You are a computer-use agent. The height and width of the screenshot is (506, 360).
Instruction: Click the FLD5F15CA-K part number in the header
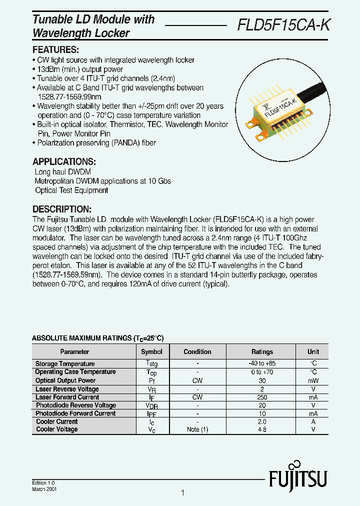(283, 25)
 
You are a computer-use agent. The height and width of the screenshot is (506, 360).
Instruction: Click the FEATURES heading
(55, 50)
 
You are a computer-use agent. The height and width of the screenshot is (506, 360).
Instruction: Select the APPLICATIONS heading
(64, 162)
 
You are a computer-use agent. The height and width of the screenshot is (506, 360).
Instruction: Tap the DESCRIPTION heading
(62, 209)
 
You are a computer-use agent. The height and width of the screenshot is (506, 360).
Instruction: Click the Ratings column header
(262, 352)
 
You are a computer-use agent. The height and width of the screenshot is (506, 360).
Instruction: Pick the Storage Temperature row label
(65, 364)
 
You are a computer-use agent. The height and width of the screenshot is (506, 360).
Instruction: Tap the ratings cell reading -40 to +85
(262, 364)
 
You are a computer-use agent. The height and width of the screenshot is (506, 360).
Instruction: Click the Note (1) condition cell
(197, 429)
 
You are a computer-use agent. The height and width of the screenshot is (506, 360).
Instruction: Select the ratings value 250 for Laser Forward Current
(262, 397)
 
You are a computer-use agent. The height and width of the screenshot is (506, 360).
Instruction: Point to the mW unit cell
(313, 381)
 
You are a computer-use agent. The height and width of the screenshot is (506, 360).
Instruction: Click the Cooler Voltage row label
(57, 429)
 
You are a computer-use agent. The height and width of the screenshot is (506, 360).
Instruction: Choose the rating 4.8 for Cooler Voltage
(262, 429)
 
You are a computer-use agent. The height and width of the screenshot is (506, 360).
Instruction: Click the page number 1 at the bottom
(182, 493)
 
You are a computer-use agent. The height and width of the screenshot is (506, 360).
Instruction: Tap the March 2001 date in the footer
(44, 489)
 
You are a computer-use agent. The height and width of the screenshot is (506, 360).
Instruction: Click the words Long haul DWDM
(62, 172)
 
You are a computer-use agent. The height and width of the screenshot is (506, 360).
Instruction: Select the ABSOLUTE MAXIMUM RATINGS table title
(97, 338)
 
